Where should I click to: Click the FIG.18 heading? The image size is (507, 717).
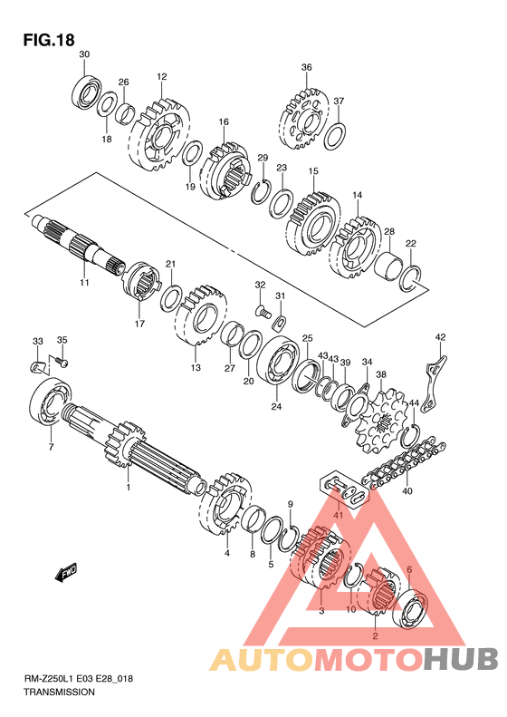pyautogui.click(x=49, y=40)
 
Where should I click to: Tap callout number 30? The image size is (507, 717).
pyautogui.click(x=84, y=54)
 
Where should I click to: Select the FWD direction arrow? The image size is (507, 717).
pyautogui.click(x=66, y=572)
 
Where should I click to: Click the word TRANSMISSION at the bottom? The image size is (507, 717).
pyautogui.click(x=59, y=692)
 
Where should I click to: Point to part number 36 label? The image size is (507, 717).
pyautogui.click(x=307, y=67)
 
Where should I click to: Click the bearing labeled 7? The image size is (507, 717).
pyautogui.click(x=49, y=401)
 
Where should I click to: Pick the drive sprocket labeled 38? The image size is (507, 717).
pyautogui.click(x=381, y=420)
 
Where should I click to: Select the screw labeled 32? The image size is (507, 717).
pyautogui.click(x=263, y=312)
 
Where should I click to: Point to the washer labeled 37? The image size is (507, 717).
pyautogui.click(x=335, y=135)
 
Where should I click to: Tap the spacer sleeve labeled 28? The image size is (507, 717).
pyautogui.click(x=389, y=266)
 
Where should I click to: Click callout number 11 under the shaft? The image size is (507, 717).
pyautogui.click(x=84, y=283)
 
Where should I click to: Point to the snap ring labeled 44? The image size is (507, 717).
pyautogui.click(x=410, y=435)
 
